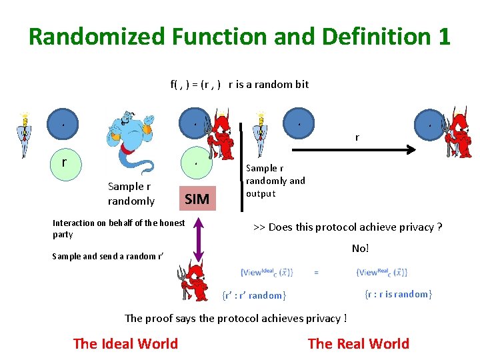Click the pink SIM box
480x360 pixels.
pos(197,198)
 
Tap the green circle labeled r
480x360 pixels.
pos(64,162)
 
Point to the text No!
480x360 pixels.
pos(360,248)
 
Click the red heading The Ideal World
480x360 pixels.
pos(125,343)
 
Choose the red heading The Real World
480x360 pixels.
pos(359,343)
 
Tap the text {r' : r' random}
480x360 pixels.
pos(253,295)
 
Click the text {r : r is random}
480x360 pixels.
pos(398,294)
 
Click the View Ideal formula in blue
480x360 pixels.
pos(267,272)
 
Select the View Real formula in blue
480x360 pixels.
pos(382,272)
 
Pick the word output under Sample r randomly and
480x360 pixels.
pos(260,193)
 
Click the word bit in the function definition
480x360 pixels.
pos(301,84)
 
